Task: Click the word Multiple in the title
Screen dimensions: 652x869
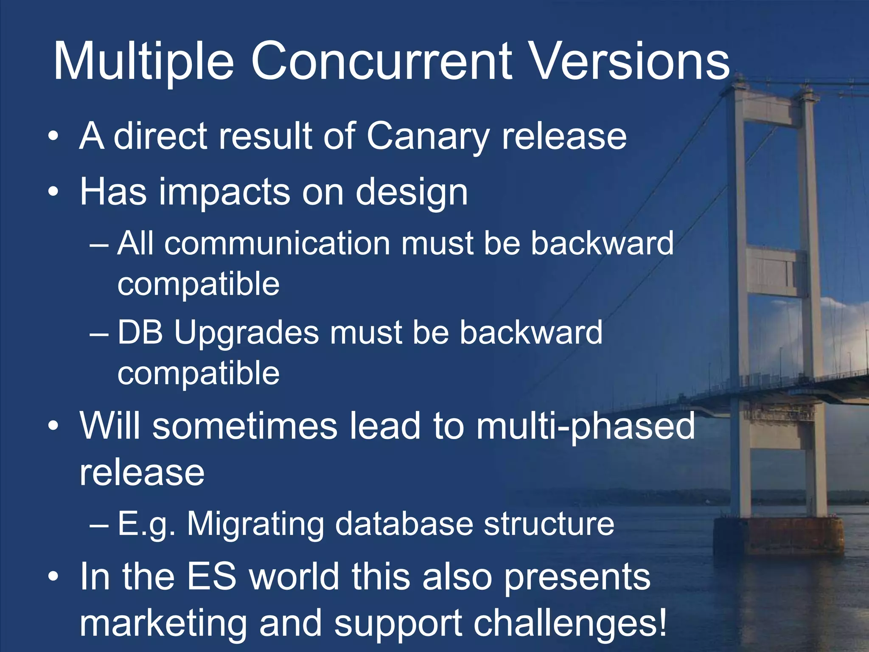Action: [143, 62]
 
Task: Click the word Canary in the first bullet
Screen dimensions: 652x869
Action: [428, 137]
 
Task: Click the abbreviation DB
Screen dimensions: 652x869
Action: [140, 332]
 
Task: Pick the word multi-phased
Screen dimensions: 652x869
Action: [586, 427]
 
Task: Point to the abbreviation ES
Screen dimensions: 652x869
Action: [211, 577]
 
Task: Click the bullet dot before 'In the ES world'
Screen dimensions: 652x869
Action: [53, 577]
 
